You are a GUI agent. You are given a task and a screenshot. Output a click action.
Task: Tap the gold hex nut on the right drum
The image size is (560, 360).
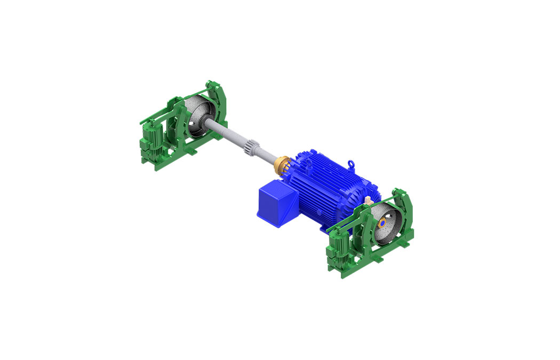[x=382, y=222]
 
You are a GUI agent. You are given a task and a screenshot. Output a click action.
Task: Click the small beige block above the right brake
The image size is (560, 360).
[x=369, y=201]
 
